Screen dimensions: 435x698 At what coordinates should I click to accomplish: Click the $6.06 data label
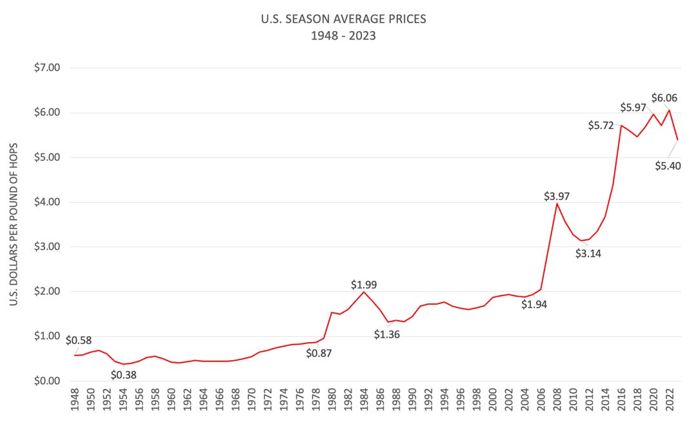(664, 98)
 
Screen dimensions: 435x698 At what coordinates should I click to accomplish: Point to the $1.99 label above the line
(364, 284)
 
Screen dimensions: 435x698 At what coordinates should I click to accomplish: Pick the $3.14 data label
(588, 254)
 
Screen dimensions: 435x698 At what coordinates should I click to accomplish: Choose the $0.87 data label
(319, 353)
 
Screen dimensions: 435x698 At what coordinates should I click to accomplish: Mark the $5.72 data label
(601, 125)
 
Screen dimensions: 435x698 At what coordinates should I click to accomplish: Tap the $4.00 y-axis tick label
(47, 202)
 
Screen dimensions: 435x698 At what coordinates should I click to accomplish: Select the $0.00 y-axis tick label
(47, 381)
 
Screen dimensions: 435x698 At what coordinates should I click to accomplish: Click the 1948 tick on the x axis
(75, 404)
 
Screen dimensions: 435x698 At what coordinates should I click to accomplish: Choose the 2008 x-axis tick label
(557, 404)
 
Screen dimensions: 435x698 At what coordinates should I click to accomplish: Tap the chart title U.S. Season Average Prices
(343, 19)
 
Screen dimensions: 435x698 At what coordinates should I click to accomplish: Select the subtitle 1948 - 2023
(343, 35)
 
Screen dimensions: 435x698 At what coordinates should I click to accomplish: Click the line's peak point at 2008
(557, 204)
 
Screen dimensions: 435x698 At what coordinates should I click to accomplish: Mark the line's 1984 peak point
(364, 292)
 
